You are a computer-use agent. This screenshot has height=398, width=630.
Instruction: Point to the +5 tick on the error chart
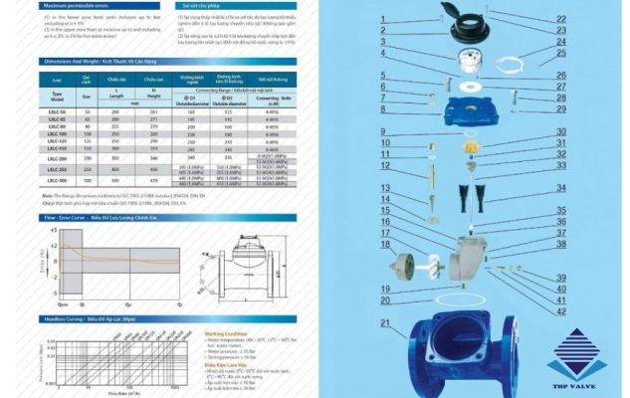point(52,229)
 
